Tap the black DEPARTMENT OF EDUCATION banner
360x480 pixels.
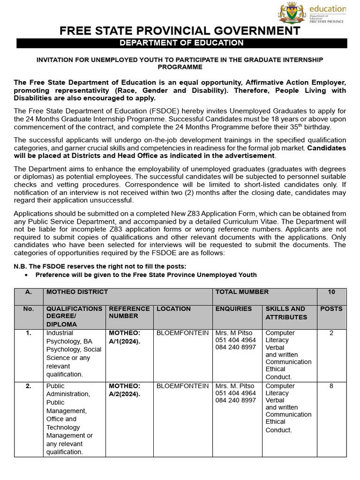coord(182,43)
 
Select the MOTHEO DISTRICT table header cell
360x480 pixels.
coord(77,292)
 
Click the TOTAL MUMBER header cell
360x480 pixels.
coord(242,292)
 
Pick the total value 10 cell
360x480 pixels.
coord(331,292)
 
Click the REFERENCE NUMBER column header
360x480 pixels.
coord(129,313)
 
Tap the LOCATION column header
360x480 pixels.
coord(173,309)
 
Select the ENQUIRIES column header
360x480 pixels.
coord(233,309)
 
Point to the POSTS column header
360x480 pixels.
coord(331,309)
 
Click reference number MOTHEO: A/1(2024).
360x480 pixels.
coord(125,337)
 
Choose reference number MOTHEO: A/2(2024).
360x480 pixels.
coord(125,390)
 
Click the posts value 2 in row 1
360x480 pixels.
coord(331,333)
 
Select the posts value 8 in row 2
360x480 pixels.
coord(331,386)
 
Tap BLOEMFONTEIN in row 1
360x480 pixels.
coord(182,333)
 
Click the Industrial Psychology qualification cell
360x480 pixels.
coord(74,353)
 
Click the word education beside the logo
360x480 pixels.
coord(327,9)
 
